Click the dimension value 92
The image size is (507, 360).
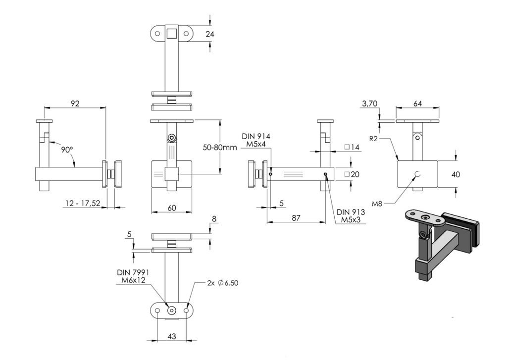click(75, 103)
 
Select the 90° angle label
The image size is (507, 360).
click(67, 150)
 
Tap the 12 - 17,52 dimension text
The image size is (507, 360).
click(83, 203)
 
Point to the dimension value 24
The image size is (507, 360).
click(210, 34)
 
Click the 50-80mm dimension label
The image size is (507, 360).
click(220, 148)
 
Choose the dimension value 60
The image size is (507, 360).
click(172, 207)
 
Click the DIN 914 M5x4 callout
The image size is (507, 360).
click(256, 140)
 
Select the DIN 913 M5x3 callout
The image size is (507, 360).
click(351, 216)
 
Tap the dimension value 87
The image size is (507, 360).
click(296, 218)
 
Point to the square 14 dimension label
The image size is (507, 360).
click(352, 147)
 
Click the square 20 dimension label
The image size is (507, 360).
click(352, 174)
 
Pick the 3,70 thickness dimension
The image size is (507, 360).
click(369, 103)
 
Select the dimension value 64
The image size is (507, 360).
click(417, 103)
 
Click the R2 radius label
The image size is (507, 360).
click(373, 139)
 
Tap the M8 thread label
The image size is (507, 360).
click(377, 204)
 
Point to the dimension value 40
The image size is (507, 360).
click(456, 174)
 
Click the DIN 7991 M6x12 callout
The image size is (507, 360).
click(133, 276)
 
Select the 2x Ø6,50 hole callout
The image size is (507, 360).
click(223, 283)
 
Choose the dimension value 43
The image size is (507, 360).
click(172, 336)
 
